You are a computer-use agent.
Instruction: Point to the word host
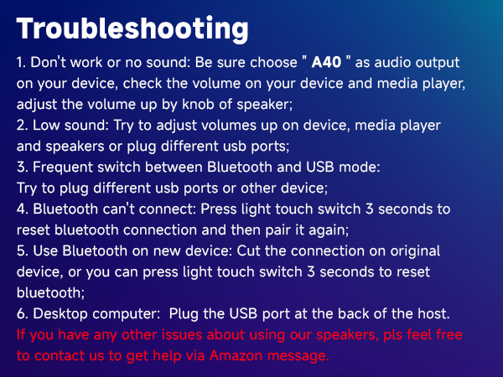pos(433,313)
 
